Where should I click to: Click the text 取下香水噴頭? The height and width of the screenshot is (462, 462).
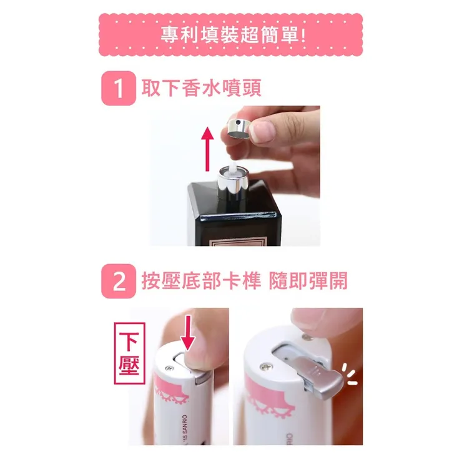(202, 88)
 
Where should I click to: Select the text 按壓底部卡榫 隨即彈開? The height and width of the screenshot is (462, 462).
(245, 282)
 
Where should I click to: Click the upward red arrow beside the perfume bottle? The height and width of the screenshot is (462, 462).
(208, 149)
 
